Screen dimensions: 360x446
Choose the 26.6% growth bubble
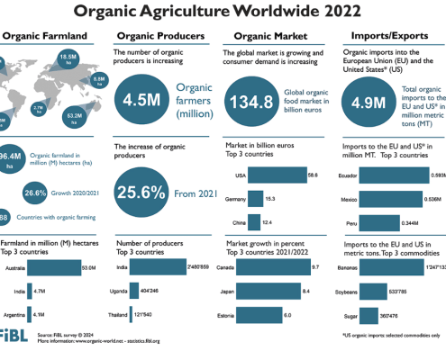pyautogui.click(x=35, y=192)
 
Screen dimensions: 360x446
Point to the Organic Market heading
pyautogui.click(x=267, y=36)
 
